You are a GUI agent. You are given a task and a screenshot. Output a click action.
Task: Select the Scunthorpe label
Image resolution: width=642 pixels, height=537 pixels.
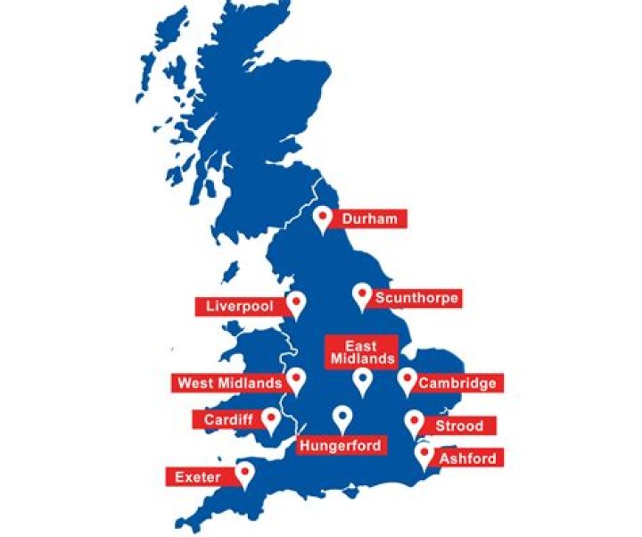416,298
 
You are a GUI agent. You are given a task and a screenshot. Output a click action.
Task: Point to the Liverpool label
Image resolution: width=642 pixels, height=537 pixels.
238,306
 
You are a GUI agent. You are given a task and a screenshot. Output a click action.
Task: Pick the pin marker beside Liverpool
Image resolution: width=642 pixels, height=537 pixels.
296,304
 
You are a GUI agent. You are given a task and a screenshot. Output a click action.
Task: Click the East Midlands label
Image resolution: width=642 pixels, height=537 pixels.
361,352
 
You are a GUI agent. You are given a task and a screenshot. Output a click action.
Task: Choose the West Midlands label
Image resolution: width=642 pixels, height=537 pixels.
230,384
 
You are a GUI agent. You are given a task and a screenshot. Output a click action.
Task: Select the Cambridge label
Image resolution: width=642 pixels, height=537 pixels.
457,384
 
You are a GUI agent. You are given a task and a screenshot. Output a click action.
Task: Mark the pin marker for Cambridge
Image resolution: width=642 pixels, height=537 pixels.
407,381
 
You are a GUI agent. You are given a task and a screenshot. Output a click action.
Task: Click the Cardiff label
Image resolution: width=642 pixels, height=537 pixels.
228,419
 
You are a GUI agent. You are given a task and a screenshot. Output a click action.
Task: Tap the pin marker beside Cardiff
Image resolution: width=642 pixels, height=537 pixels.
268,421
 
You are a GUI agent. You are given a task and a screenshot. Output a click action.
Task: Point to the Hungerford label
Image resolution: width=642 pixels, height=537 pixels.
341,445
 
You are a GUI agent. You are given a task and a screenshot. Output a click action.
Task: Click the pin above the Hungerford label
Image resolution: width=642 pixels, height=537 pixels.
342,417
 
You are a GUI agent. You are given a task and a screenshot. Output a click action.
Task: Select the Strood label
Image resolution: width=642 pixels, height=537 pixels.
459,426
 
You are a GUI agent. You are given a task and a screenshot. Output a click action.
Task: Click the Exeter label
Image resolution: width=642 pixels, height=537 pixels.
198,477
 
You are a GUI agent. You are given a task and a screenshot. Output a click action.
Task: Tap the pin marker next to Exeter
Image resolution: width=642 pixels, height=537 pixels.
243,474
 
